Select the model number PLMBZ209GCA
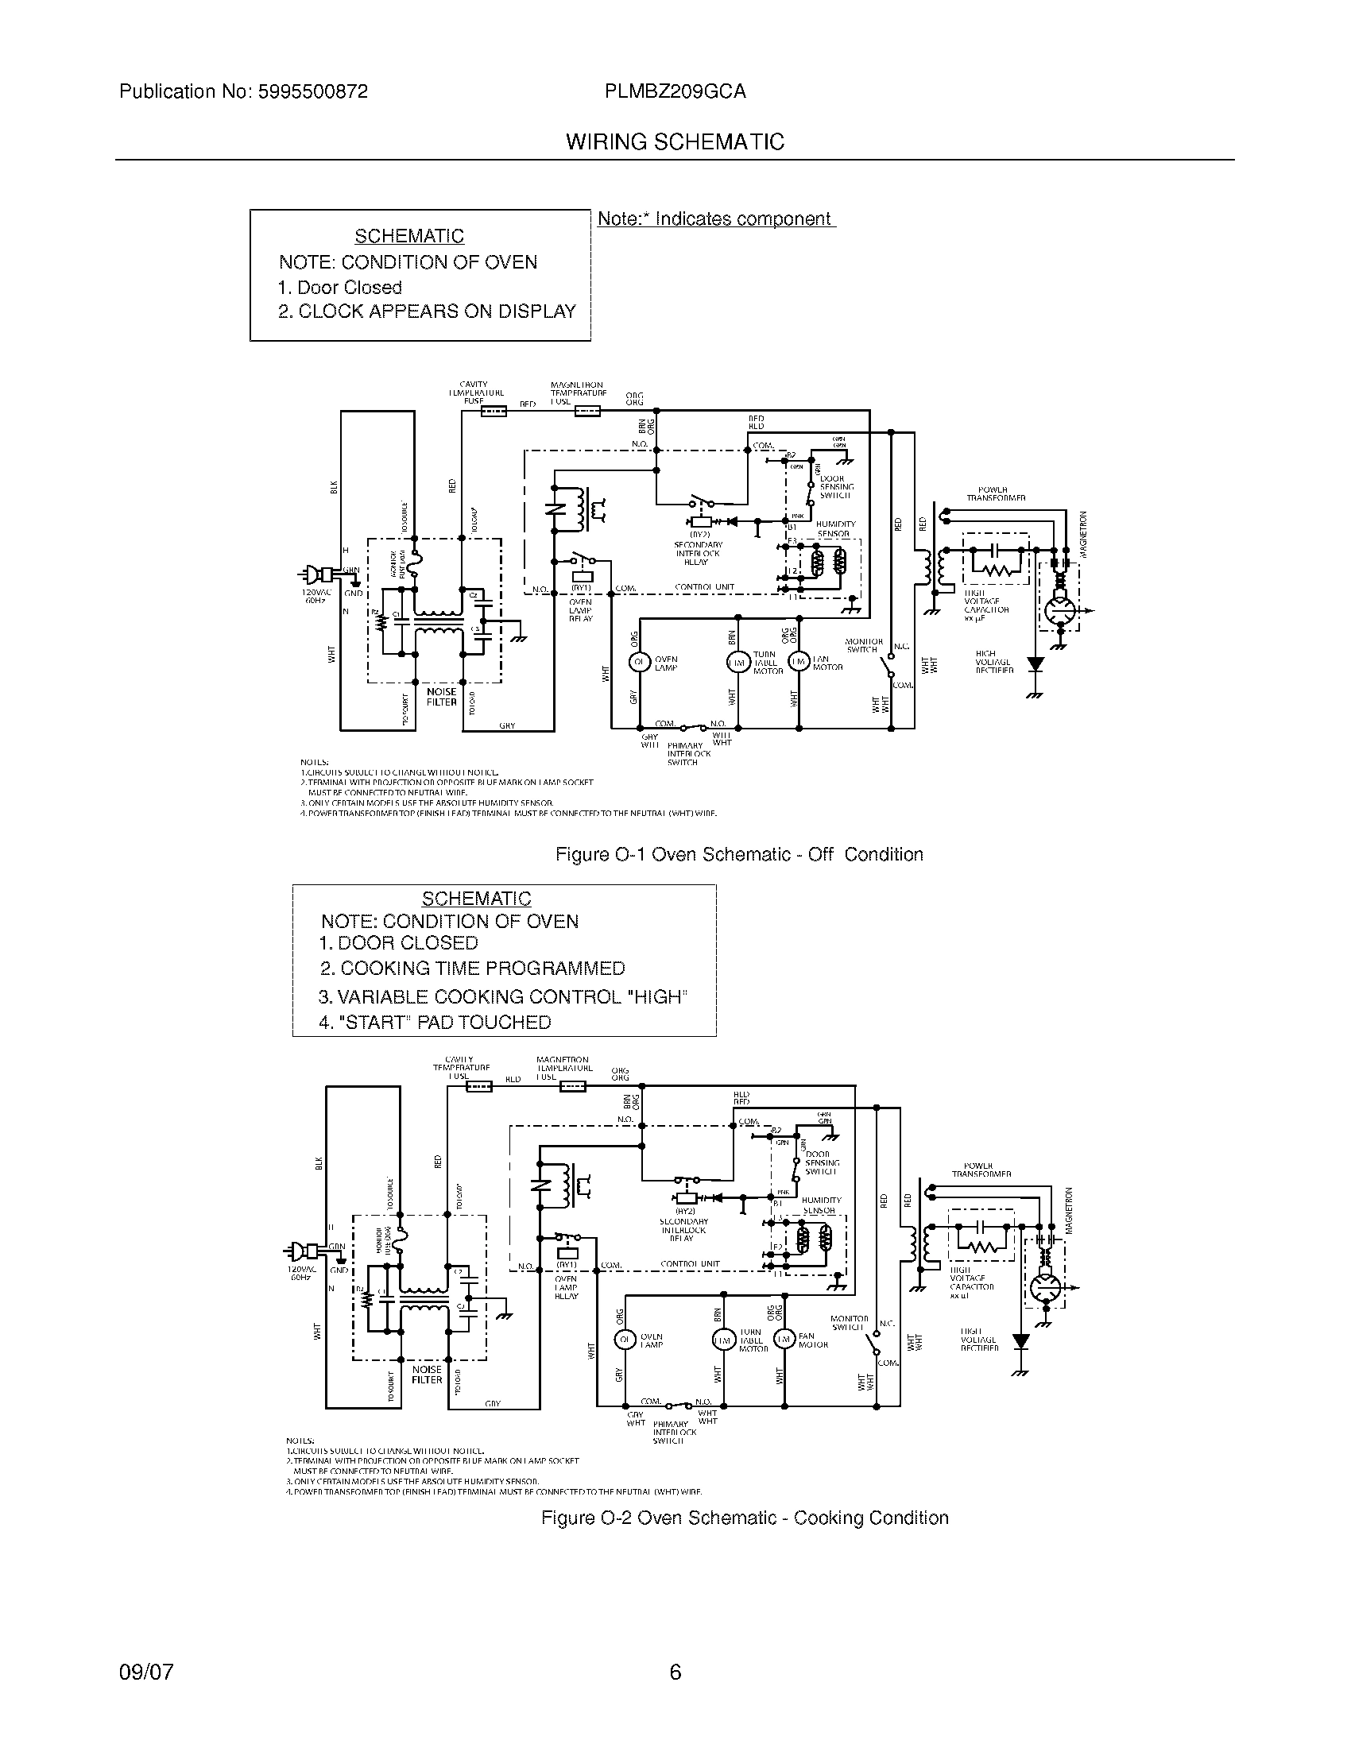tap(675, 91)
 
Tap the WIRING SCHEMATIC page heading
tap(675, 142)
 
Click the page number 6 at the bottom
tap(675, 1672)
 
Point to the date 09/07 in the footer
tap(145, 1672)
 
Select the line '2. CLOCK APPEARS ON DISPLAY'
tap(427, 311)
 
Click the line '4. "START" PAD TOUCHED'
tap(435, 1022)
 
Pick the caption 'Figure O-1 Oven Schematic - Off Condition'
tap(739, 854)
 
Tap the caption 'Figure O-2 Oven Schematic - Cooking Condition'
tap(745, 1518)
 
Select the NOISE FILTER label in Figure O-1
tap(441, 696)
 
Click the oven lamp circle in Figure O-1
tap(640, 662)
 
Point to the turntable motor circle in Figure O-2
tap(722, 1340)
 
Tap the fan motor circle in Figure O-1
tap(798, 661)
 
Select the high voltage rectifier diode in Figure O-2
tap(1020, 1340)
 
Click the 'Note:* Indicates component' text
tap(715, 219)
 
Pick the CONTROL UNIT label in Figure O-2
tap(690, 1265)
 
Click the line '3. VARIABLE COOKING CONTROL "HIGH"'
tap(502, 996)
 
